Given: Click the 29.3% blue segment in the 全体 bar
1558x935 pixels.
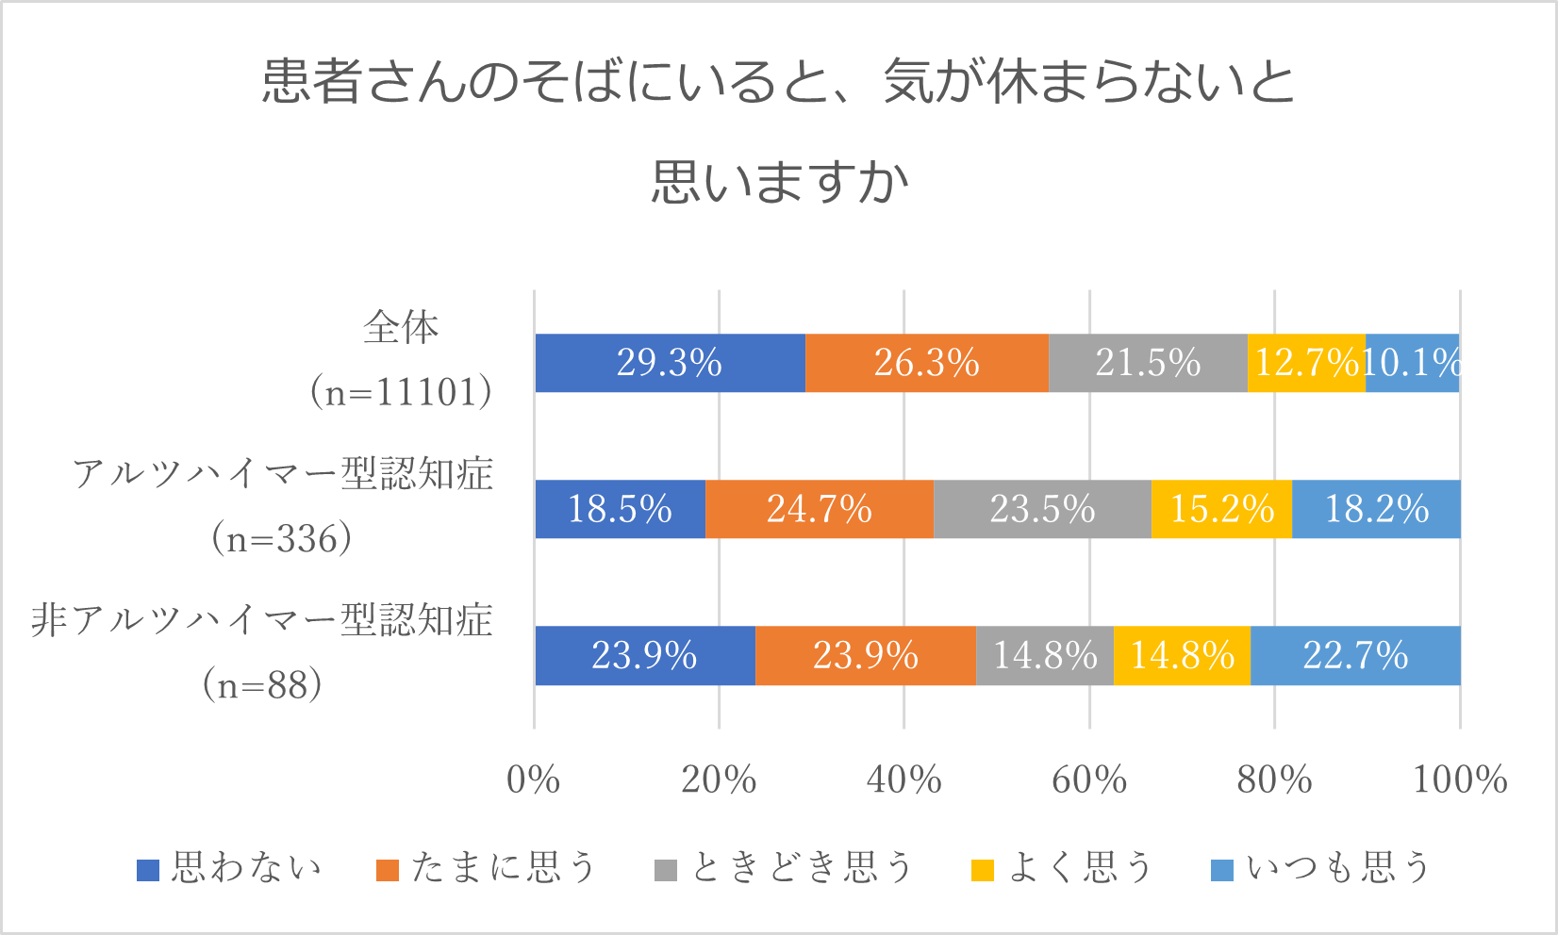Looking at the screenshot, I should click(670, 363).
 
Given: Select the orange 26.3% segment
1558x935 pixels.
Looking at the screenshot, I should click(926, 363).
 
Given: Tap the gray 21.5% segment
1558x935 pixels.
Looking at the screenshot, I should click(1148, 363).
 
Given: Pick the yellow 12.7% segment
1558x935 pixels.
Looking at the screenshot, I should click(1306, 363).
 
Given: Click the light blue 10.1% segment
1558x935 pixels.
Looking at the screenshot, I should click(1412, 363).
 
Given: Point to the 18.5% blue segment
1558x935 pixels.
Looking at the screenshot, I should click(620, 509).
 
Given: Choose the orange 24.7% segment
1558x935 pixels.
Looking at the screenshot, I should click(819, 509).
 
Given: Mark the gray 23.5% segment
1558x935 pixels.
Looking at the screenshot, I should click(1042, 509).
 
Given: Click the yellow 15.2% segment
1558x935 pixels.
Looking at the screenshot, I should click(1221, 509).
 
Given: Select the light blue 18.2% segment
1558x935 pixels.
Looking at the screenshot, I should click(1376, 509).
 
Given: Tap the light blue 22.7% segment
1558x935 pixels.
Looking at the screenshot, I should click(1355, 655).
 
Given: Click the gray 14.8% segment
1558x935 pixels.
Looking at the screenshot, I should click(1045, 655).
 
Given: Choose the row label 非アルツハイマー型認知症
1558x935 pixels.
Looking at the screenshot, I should click(262, 621).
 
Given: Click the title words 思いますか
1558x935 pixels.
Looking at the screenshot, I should click(779, 181).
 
